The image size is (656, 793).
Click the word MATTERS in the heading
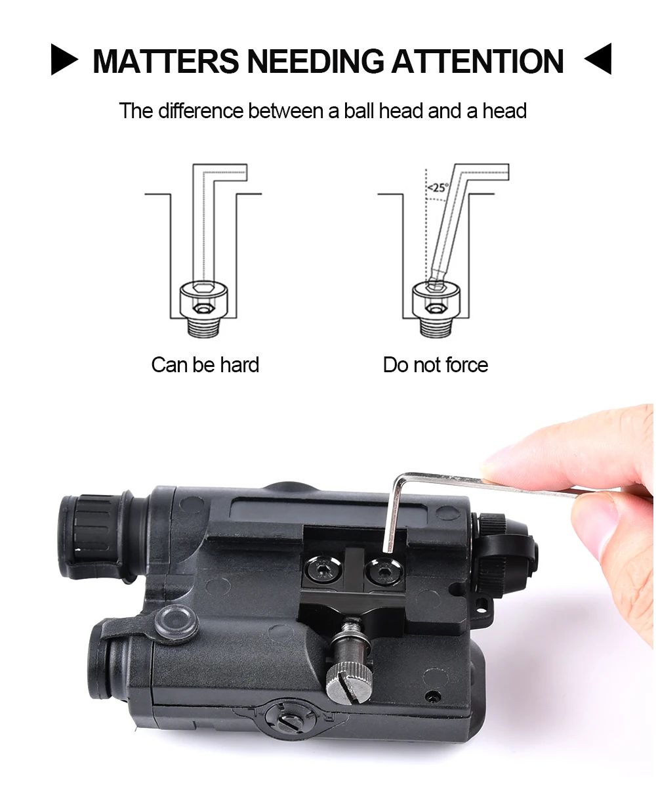tap(165, 61)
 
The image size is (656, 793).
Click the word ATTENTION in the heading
tap(477, 61)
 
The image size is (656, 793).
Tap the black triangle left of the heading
tap(64, 59)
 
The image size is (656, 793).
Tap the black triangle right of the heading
tap(598, 58)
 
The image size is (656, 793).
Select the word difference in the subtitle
tap(201, 111)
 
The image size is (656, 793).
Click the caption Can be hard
tap(205, 365)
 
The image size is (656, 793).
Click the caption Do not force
tap(436, 365)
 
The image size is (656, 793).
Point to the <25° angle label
tap(438, 187)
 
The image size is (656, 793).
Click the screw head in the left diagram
tap(204, 299)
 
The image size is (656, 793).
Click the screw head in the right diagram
tap(436, 299)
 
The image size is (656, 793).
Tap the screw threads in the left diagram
tap(204, 327)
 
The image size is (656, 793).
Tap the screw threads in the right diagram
tap(437, 327)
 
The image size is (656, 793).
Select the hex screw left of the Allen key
tap(324, 569)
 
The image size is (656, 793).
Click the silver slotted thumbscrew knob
tap(349, 683)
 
